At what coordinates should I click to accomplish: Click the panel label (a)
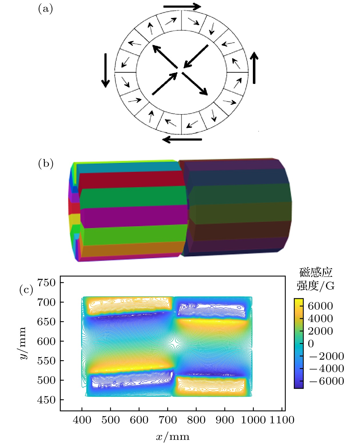coord(45,9)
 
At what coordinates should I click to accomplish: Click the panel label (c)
coord(26,290)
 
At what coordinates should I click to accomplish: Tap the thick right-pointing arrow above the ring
coord(182,7)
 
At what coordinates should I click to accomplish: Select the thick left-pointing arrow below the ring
coord(182,139)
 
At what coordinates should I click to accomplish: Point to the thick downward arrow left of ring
coord(105,71)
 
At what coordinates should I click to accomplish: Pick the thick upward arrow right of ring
coord(254,68)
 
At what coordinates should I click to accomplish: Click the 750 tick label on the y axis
coord(46,283)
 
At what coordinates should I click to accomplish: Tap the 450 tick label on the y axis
coord(46,400)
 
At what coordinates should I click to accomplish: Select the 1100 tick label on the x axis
coord(282,420)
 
